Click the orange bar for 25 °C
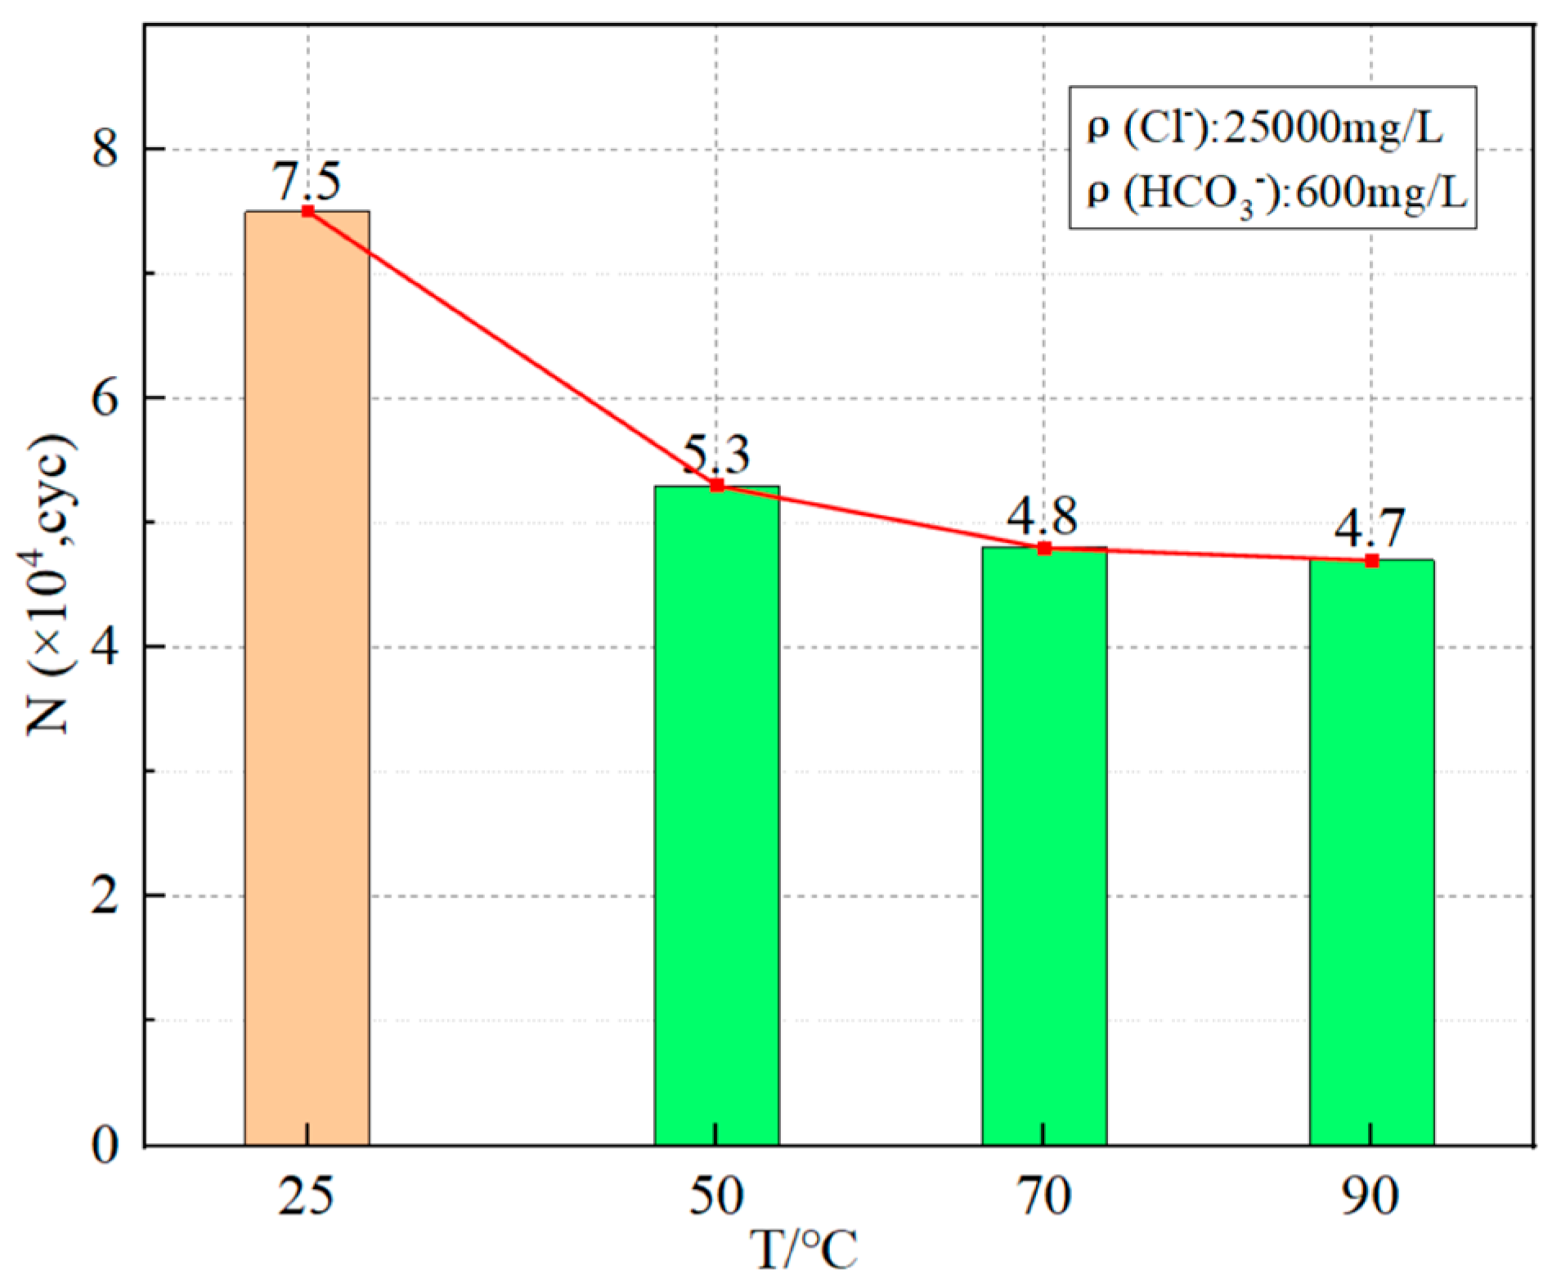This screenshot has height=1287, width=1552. [307, 679]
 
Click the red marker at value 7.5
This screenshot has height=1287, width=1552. [307, 211]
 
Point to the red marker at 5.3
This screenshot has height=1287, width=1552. [717, 486]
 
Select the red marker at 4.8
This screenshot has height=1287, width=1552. [1044, 548]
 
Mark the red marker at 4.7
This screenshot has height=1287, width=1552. [1372, 560]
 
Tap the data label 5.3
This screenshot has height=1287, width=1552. [716, 455]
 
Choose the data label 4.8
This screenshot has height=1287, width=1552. [1042, 517]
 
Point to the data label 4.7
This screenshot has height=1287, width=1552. [1370, 529]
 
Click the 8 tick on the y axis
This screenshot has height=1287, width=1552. [105, 150]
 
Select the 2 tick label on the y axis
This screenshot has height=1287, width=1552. [105, 896]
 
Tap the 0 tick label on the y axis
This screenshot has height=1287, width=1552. [105, 1145]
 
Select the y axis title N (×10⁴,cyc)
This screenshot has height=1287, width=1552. [51, 584]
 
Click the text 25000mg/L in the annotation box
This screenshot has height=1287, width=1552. [1333, 128]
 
